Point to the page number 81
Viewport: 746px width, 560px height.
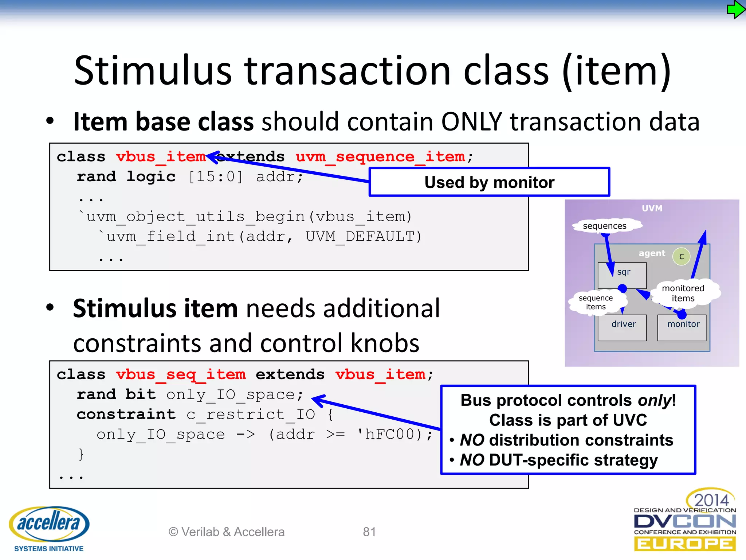[x=369, y=532]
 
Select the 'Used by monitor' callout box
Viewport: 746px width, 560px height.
[x=489, y=182]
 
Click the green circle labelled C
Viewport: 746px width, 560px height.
[x=681, y=256]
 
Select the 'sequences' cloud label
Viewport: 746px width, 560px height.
[x=605, y=226]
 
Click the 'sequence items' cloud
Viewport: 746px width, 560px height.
[x=596, y=302]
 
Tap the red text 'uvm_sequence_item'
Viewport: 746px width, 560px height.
[x=380, y=157]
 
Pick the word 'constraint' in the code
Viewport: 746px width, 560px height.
[x=126, y=415]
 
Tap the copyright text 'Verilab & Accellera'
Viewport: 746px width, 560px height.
[x=227, y=532]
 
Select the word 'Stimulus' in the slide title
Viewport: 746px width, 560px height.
[x=153, y=70]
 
